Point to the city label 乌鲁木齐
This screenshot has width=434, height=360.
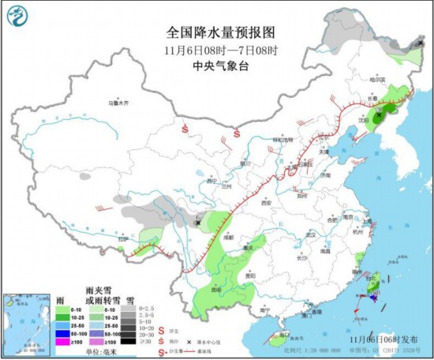click(118, 103)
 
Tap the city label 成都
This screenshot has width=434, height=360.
click(229, 235)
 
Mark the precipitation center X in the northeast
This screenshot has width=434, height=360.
click(380, 114)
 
